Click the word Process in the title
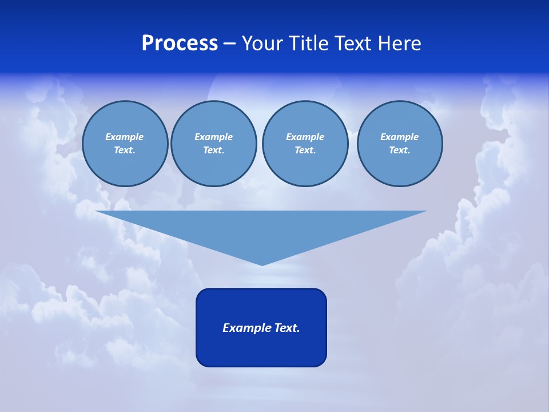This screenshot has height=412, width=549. click(180, 43)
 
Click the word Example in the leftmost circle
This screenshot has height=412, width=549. click(124, 137)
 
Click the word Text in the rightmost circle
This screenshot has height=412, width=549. click(399, 150)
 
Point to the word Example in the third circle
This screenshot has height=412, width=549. click(305, 137)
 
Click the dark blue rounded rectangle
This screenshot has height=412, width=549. click(261, 349)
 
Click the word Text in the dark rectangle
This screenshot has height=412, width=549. click(287, 328)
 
